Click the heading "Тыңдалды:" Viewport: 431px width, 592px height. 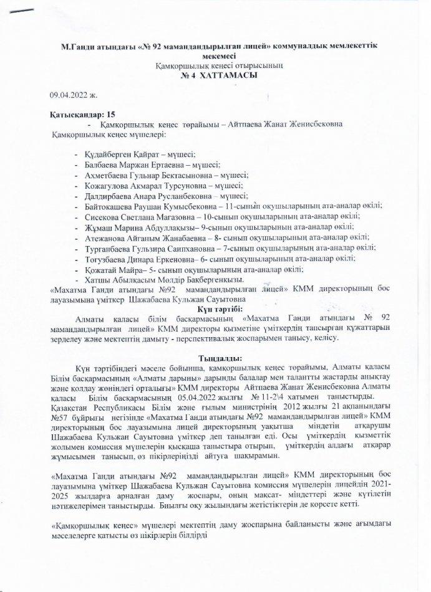[216, 358]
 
